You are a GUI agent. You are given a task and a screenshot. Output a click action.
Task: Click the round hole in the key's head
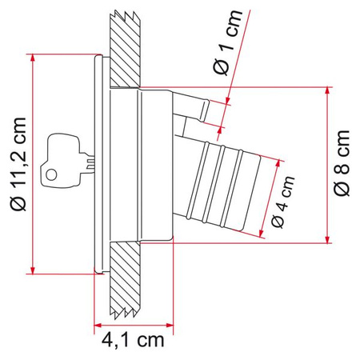tap(53, 174)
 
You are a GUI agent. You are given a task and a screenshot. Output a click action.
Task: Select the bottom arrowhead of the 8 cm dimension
tap(328, 238)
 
